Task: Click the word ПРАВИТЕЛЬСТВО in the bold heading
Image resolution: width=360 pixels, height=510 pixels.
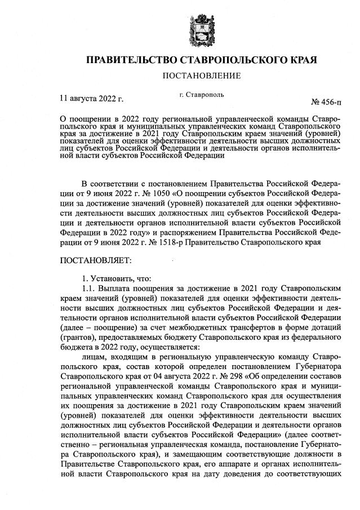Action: click(129, 59)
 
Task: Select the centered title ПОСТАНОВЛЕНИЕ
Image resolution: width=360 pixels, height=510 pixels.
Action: click(202, 76)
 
